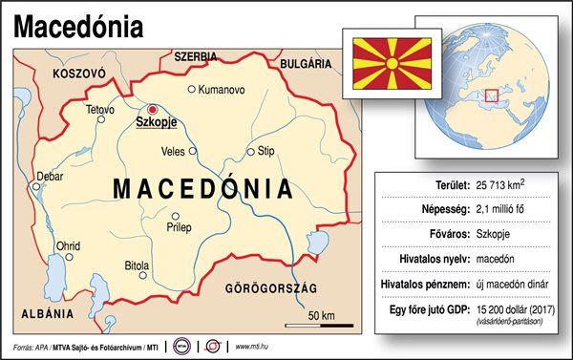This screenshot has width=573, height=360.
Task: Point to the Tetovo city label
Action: (x=99, y=111)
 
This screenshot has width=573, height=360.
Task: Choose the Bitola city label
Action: (x=138, y=265)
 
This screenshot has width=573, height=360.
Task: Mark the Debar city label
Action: (x=49, y=176)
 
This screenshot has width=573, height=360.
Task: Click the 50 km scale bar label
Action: (x=322, y=316)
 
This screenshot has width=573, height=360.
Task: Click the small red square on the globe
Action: (x=493, y=96)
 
